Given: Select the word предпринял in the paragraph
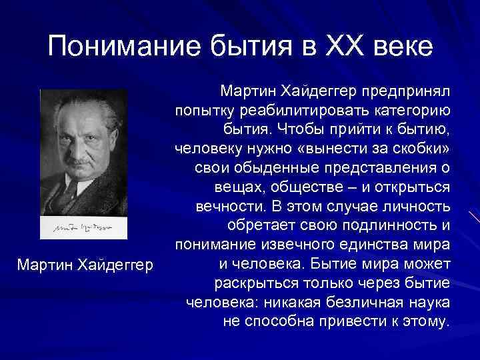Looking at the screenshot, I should (x=409, y=89).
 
